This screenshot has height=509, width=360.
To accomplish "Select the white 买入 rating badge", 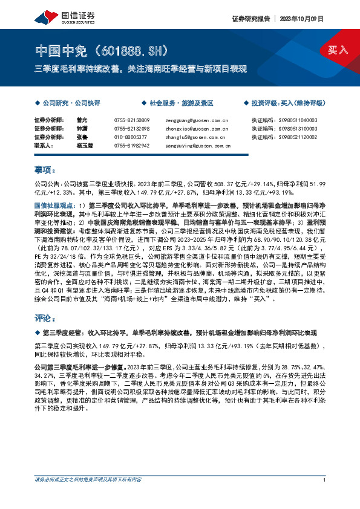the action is pyautogui.click(x=338, y=50).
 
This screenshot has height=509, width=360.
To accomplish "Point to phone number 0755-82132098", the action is pyautogui.click(x=131, y=129).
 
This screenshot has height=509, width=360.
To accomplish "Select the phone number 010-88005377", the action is pyautogui.click(x=130, y=137).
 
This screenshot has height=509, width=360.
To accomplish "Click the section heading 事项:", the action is pyautogui.click(x=45, y=171).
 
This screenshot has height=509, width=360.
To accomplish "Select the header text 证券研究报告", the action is pyautogui.click(x=248, y=18).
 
